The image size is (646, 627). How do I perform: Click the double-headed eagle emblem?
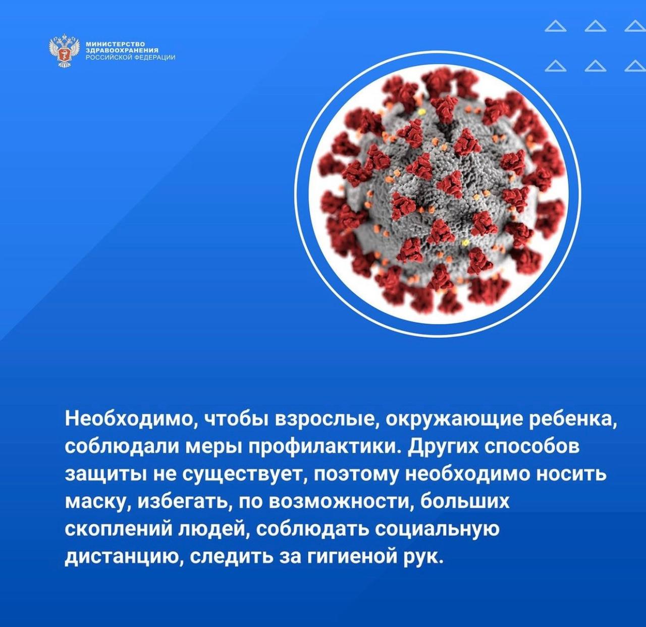coord(65,50)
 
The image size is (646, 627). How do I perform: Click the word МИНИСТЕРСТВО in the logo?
coord(116,43)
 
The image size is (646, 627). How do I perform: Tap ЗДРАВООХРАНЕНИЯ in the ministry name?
coord(122,50)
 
